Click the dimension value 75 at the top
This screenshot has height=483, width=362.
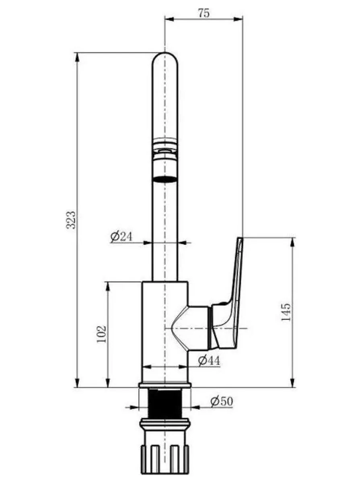click(204, 13)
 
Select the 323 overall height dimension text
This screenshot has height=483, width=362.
click(71, 220)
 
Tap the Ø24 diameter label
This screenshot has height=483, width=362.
click(121, 237)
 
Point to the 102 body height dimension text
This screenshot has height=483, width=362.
click(101, 334)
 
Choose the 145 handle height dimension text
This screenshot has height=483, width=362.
click(286, 312)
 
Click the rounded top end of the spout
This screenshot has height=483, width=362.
click(165, 58)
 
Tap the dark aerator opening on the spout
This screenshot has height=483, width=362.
click(165, 179)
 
